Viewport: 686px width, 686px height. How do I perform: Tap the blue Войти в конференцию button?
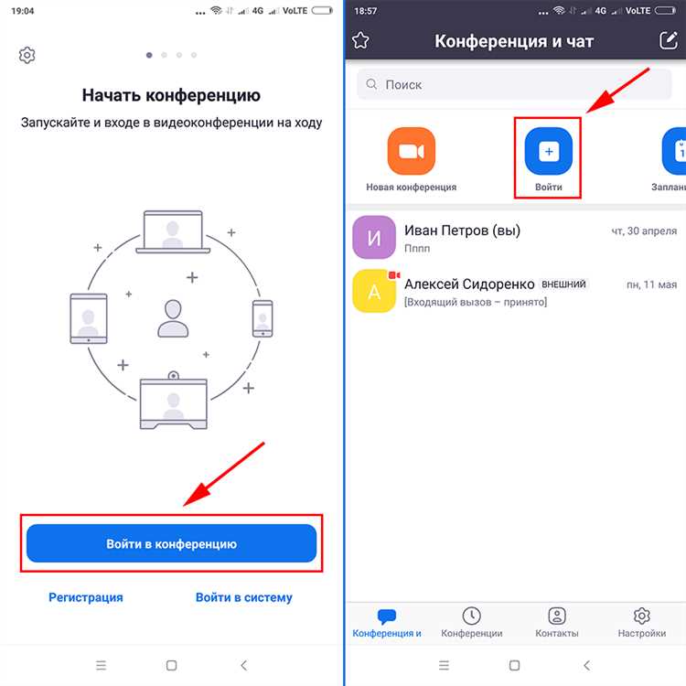pos(171,543)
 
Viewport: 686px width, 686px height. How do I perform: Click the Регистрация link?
pos(85,597)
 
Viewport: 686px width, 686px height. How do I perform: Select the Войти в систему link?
pos(244,597)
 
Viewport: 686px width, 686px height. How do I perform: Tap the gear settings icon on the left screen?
pos(27,56)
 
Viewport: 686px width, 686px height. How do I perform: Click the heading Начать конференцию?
pos(171,95)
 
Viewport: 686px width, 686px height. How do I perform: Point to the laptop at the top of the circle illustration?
pos(171,231)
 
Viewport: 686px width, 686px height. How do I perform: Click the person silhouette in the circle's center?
pos(171,318)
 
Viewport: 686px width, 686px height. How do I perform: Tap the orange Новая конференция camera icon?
pos(411,151)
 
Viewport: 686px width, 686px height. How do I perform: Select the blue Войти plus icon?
pos(548,151)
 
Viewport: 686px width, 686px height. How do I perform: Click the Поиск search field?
pos(514,84)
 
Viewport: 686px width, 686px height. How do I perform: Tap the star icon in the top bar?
pos(360,40)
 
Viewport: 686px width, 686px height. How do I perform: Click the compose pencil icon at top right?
pos(668,40)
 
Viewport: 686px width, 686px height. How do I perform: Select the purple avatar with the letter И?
pos(373,239)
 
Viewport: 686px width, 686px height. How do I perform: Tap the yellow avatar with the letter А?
pos(373,292)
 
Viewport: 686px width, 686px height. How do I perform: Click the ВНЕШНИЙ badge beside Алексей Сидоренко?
pos(563,284)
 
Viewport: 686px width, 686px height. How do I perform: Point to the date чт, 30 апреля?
pos(644,231)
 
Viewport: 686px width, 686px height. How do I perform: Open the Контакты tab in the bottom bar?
pos(556,623)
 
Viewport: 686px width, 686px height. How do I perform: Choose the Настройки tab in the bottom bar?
pos(641,623)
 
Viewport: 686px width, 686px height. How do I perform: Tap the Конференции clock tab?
pos(471,623)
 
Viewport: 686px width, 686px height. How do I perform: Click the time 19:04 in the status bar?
pos(22,10)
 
